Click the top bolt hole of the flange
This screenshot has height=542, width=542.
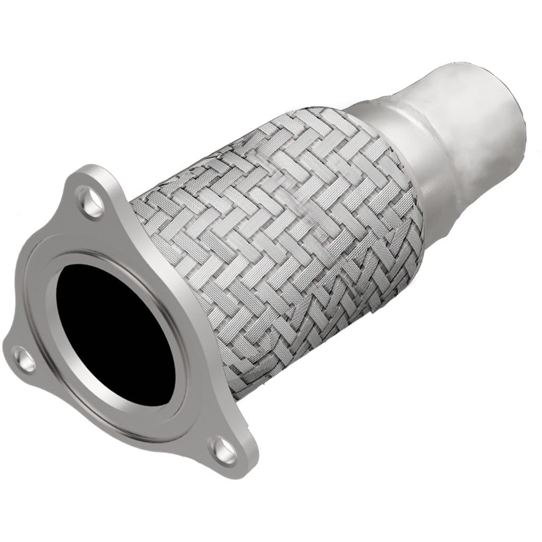click(x=91, y=201)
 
